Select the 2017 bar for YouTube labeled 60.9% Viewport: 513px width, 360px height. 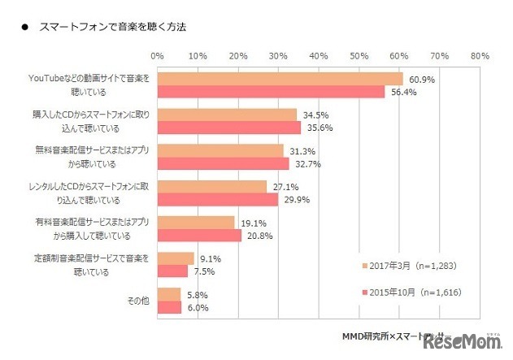280,79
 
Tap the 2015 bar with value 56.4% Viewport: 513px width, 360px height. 271,92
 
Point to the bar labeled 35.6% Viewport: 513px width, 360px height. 229,128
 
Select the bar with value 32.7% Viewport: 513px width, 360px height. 224,163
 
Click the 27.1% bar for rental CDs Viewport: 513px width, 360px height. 211,187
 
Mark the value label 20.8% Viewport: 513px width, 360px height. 259,235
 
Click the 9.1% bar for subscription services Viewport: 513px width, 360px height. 176,258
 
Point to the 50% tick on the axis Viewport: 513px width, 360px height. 359,55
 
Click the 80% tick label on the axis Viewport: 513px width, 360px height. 479,55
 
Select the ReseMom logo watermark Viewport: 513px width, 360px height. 464,345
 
